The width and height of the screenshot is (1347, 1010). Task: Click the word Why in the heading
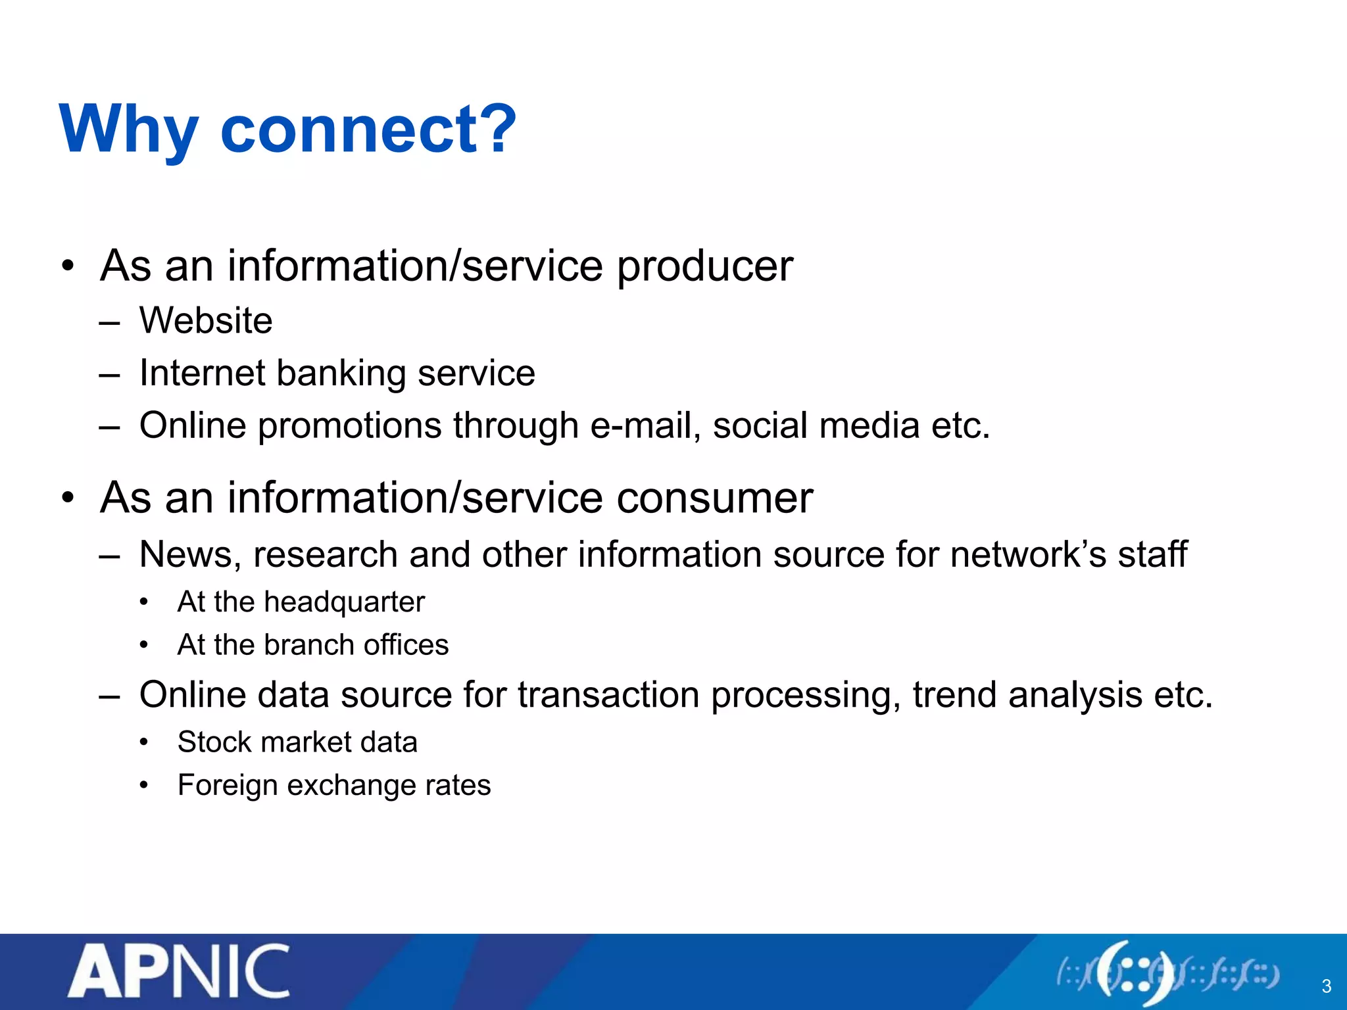pos(129,130)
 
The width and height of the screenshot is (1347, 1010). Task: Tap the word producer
pos(704,267)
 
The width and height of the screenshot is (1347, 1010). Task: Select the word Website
pos(206,321)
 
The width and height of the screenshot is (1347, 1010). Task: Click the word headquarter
pos(345,602)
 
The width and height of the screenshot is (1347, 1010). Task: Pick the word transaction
pos(608,695)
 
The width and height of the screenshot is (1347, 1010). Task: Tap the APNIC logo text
pos(179,971)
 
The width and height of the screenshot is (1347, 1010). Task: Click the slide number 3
pos(1326,986)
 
